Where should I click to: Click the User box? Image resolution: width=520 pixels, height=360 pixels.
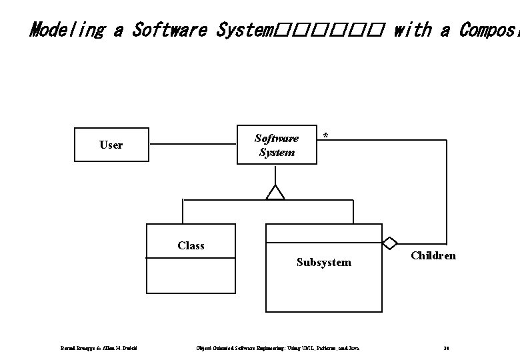click(x=111, y=145)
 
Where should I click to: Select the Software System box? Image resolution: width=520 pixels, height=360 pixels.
click(x=277, y=145)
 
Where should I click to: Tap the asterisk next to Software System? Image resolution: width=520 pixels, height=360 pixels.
click(x=325, y=136)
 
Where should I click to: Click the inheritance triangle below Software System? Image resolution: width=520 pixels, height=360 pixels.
click(x=275, y=192)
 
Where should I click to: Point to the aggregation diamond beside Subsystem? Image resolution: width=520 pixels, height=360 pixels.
click(x=390, y=243)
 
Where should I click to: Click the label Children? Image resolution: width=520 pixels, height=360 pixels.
click(x=433, y=255)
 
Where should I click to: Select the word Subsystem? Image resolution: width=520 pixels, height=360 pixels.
click(x=323, y=262)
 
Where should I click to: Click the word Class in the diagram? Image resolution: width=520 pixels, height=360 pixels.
click(x=191, y=245)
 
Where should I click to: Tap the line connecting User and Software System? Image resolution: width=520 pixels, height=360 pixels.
click(x=193, y=144)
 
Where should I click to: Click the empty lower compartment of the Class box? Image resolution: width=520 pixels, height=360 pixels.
click(x=190, y=275)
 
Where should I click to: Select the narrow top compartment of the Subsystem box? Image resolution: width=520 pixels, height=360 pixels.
click(x=323, y=233)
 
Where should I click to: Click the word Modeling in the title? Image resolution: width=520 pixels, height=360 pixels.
click(x=66, y=30)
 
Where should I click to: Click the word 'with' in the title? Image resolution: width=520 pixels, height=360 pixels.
click(x=413, y=30)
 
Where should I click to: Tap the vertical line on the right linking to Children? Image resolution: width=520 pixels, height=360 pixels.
click(x=446, y=193)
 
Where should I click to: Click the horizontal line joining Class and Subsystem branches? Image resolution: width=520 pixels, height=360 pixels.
click(x=267, y=200)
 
